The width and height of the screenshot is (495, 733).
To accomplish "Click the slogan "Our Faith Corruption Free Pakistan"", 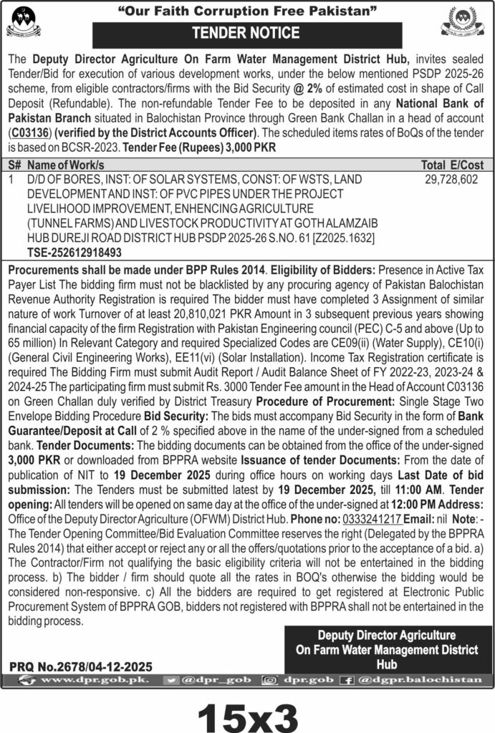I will click(246, 11).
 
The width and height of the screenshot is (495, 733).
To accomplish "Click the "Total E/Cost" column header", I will click(452, 165).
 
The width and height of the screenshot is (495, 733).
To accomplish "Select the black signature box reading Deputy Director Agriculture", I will click(386, 649).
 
